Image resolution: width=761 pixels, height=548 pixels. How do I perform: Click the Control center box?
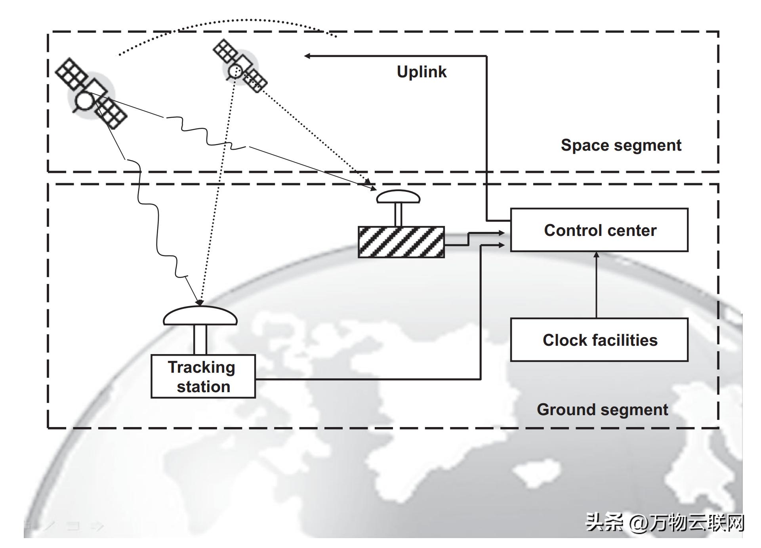click(599, 230)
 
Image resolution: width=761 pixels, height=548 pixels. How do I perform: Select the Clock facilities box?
click(599, 340)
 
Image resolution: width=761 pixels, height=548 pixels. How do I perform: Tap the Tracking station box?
click(203, 376)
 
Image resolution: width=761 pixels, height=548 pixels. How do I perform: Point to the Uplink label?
click(422, 72)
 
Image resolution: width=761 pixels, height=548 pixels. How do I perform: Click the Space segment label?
click(621, 145)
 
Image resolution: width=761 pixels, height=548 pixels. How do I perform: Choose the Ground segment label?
click(602, 410)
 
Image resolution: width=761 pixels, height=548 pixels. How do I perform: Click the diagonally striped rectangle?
click(401, 242)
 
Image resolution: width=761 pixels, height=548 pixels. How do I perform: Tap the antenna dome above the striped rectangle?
click(398, 196)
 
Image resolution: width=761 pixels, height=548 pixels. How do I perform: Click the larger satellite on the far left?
click(91, 94)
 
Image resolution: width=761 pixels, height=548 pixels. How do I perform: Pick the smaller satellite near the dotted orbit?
click(240, 66)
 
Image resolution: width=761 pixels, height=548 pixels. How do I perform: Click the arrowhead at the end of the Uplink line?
click(307, 56)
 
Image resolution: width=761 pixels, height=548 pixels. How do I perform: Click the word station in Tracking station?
click(204, 387)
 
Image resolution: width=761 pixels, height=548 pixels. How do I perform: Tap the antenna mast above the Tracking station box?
click(200, 339)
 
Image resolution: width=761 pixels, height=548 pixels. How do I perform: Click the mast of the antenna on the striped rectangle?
click(398, 215)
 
